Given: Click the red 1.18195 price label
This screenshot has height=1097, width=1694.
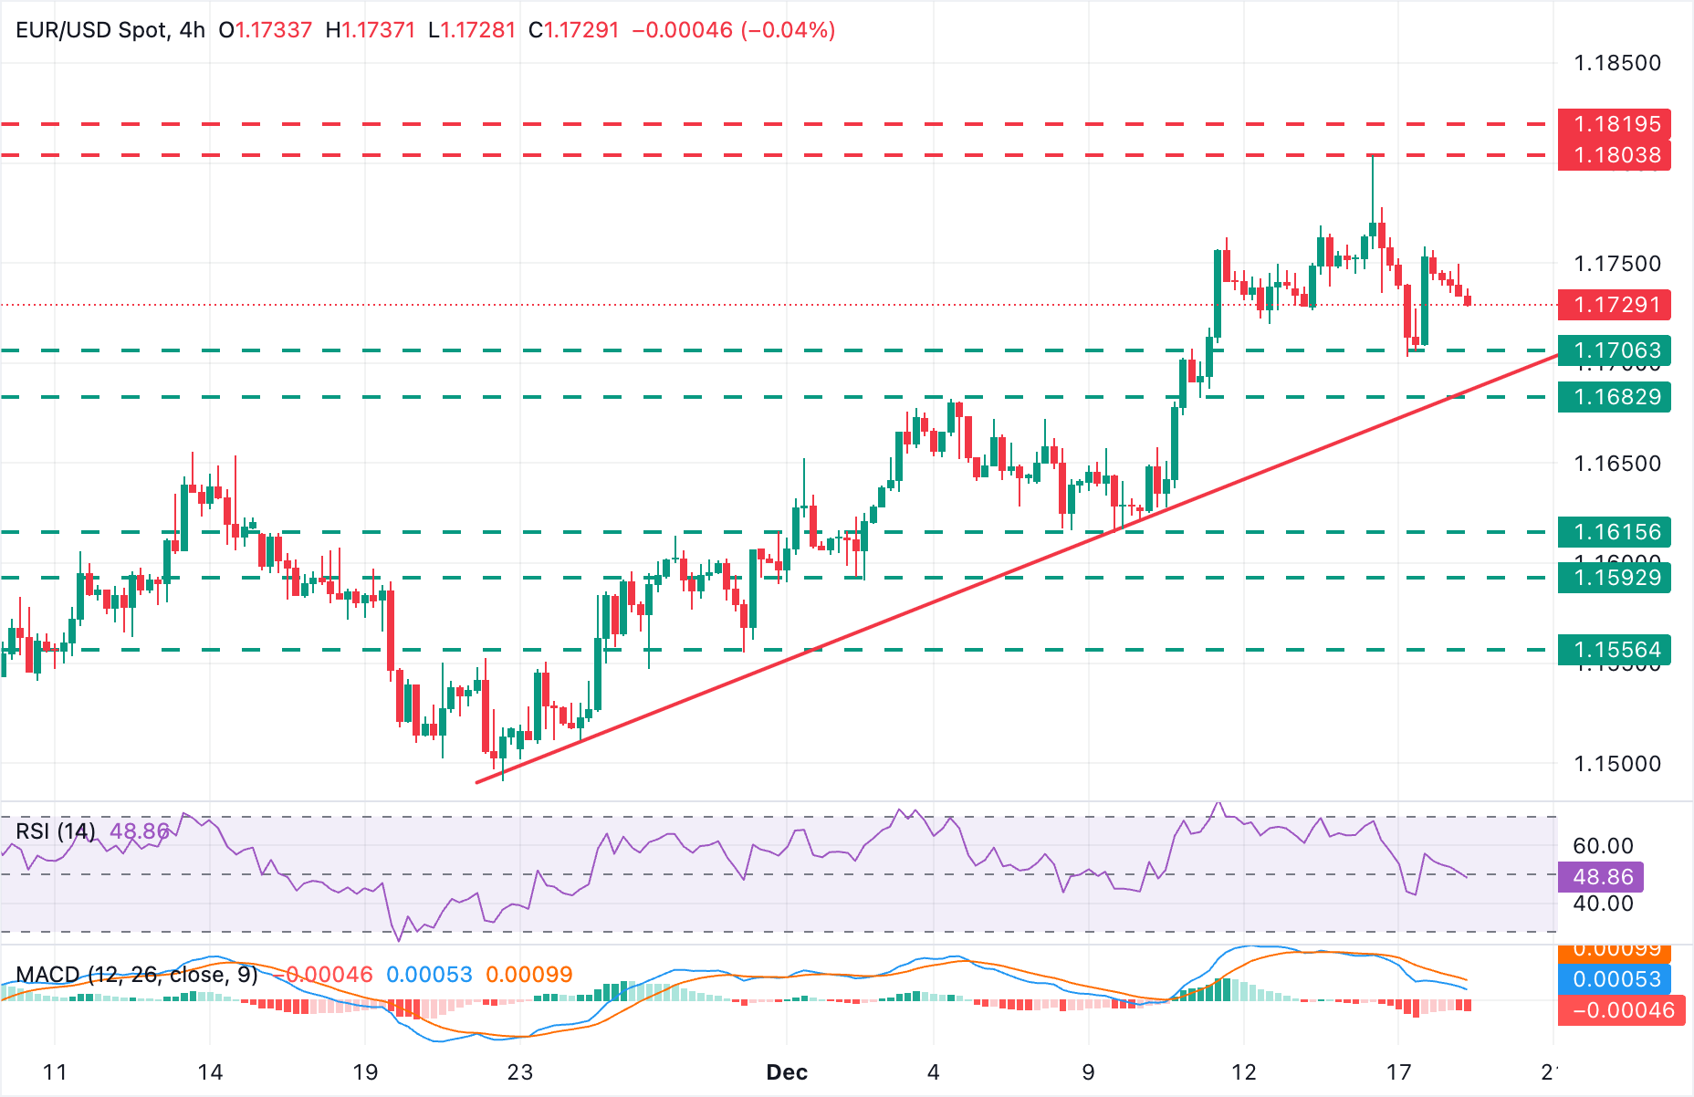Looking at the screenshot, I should click(x=1614, y=124).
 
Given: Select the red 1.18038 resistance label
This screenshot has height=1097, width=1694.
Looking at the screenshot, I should click(x=1614, y=155).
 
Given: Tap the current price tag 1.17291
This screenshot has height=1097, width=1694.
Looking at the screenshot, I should click(x=1614, y=305).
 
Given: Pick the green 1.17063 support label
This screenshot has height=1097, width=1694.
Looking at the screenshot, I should click(x=1614, y=350).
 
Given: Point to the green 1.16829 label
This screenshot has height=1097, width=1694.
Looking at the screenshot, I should click(x=1614, y=397).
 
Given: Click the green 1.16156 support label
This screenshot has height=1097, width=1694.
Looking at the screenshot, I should click(x=1614, y=532).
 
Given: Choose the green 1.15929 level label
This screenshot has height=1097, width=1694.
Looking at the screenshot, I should click(x=1614, y=578).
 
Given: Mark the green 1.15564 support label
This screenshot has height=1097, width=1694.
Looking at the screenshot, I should click(x=1614, y=650).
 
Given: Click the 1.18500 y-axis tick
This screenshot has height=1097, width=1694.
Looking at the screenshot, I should click(x=1617, y=63).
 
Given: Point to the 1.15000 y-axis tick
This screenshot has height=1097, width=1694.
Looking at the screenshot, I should click(x=1617, y=764).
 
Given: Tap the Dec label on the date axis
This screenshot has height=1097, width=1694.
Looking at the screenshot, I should click(x=787, y=1072).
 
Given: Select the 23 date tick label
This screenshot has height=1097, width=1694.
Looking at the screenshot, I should click(x=520, y=1072).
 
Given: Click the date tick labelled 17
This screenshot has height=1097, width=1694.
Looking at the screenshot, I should click(x=1398, y=1072).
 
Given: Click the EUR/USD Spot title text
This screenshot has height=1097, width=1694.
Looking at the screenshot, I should click(x=91, y=30).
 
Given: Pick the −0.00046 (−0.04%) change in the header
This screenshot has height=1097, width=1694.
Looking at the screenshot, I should click(x=734, y=30).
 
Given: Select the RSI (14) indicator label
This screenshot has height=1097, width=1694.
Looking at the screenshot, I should click(x=56, y=831).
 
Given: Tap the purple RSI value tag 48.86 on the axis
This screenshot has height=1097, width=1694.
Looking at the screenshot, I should click(x=1603, y=877).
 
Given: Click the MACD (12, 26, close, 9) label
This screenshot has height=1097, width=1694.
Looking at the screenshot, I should click(x=136, y=975).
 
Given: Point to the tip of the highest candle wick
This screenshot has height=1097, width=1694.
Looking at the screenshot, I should click(x=1372, y=156).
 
